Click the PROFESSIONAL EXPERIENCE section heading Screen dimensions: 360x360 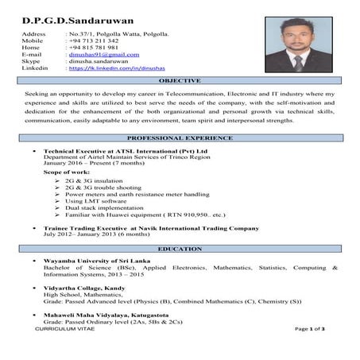[180, 138]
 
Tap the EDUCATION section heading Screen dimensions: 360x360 [180, 249]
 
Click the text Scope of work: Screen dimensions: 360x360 [68, 172]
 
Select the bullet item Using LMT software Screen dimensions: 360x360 [102, 200]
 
